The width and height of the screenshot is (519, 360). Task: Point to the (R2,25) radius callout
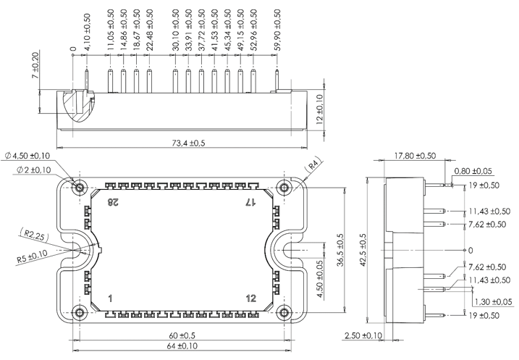click(30, 235)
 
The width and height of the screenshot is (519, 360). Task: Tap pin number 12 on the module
click(250, 298)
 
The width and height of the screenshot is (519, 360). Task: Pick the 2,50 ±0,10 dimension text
click(362, 337)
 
